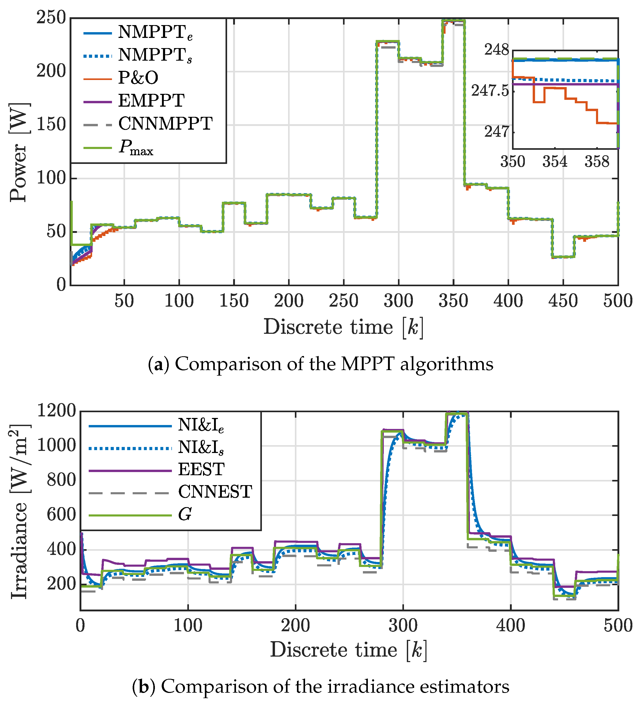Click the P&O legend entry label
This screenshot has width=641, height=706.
click(138, 78)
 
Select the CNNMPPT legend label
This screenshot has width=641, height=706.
click(165, 124)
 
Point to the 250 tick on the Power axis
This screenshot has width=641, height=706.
click(51, 18)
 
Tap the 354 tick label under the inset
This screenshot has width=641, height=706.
click(555, 162)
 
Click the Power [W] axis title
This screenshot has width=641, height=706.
click(18, 152)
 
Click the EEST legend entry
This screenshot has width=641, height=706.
click(201, 469)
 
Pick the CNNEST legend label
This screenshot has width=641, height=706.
click(215, 492)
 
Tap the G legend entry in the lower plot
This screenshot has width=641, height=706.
click(185, 515)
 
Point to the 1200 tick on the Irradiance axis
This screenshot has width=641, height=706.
click(56, 411)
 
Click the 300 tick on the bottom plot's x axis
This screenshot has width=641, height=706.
click(403, 625)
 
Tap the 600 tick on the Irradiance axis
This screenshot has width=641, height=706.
click(61, 515)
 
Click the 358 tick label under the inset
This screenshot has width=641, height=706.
click(597, 162)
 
